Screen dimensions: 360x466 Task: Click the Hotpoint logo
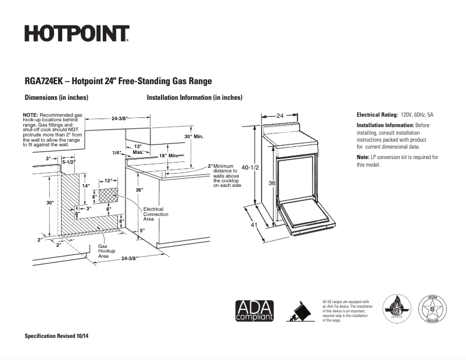click(77, 34)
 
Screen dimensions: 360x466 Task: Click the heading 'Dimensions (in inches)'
click(56, 98)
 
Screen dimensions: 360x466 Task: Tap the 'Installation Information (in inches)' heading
click(194, 98)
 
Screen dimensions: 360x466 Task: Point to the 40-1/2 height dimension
click(249, 167)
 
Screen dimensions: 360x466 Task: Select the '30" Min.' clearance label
click(194, 136)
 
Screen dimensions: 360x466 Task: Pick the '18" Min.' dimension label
click(170, 156)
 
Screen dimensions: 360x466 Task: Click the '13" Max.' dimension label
click(138, 149)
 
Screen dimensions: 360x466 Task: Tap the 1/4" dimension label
click(117, 153)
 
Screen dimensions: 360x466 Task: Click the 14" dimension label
click(85, 185)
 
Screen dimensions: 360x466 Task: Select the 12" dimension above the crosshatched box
click(108, 181)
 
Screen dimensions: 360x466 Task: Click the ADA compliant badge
click(254, 311)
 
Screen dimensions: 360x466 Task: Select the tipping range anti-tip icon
click(300, 311)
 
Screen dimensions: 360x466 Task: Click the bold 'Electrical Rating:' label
click(377, 115)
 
